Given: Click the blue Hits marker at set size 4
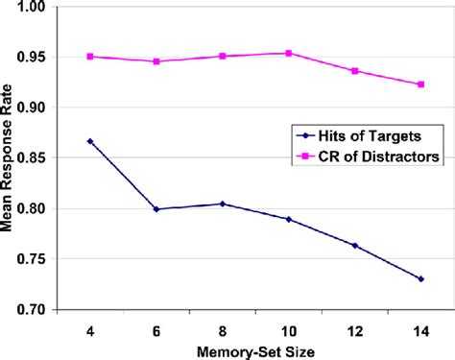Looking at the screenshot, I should [90, 141].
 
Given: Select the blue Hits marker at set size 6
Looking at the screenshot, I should [156, 208].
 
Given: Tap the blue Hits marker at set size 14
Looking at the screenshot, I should [420, 278].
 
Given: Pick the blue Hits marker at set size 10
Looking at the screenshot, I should [289, 219].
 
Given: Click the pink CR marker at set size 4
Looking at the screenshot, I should [90, 57].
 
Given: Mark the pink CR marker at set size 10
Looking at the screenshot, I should [289, 53].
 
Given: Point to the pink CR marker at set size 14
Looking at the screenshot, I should [420, 84].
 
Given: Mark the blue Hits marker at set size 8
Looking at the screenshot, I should [223, 204].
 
